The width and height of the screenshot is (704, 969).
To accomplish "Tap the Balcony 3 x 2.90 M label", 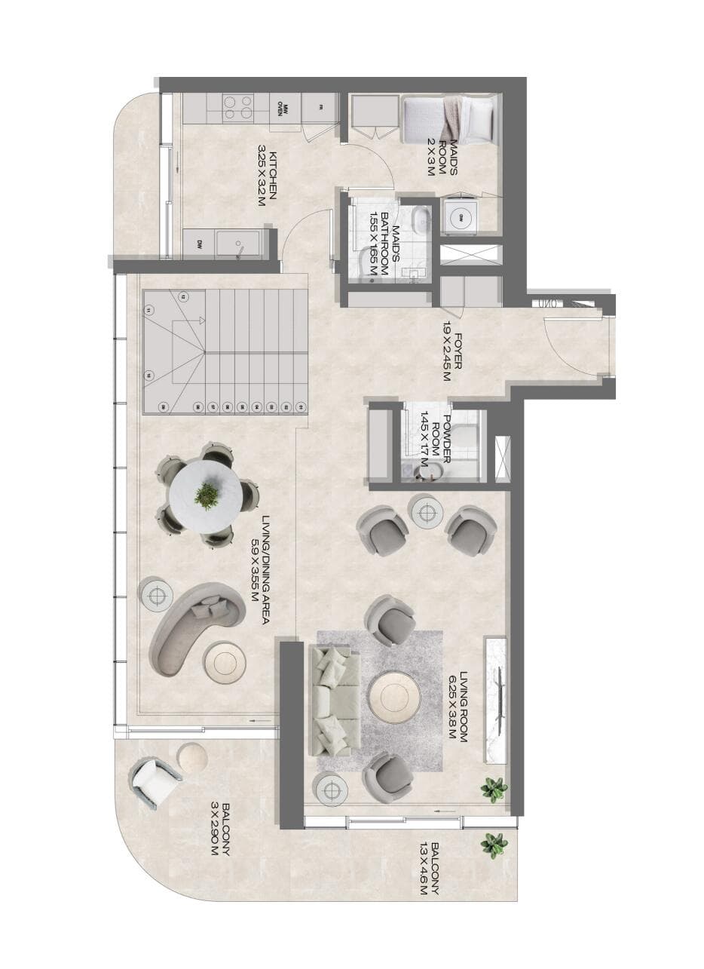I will [219, 829].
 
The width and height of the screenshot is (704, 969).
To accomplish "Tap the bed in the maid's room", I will [448, 119].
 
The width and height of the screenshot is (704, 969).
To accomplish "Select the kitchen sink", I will [238, 244].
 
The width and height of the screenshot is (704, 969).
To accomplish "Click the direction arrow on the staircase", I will [201, 320].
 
